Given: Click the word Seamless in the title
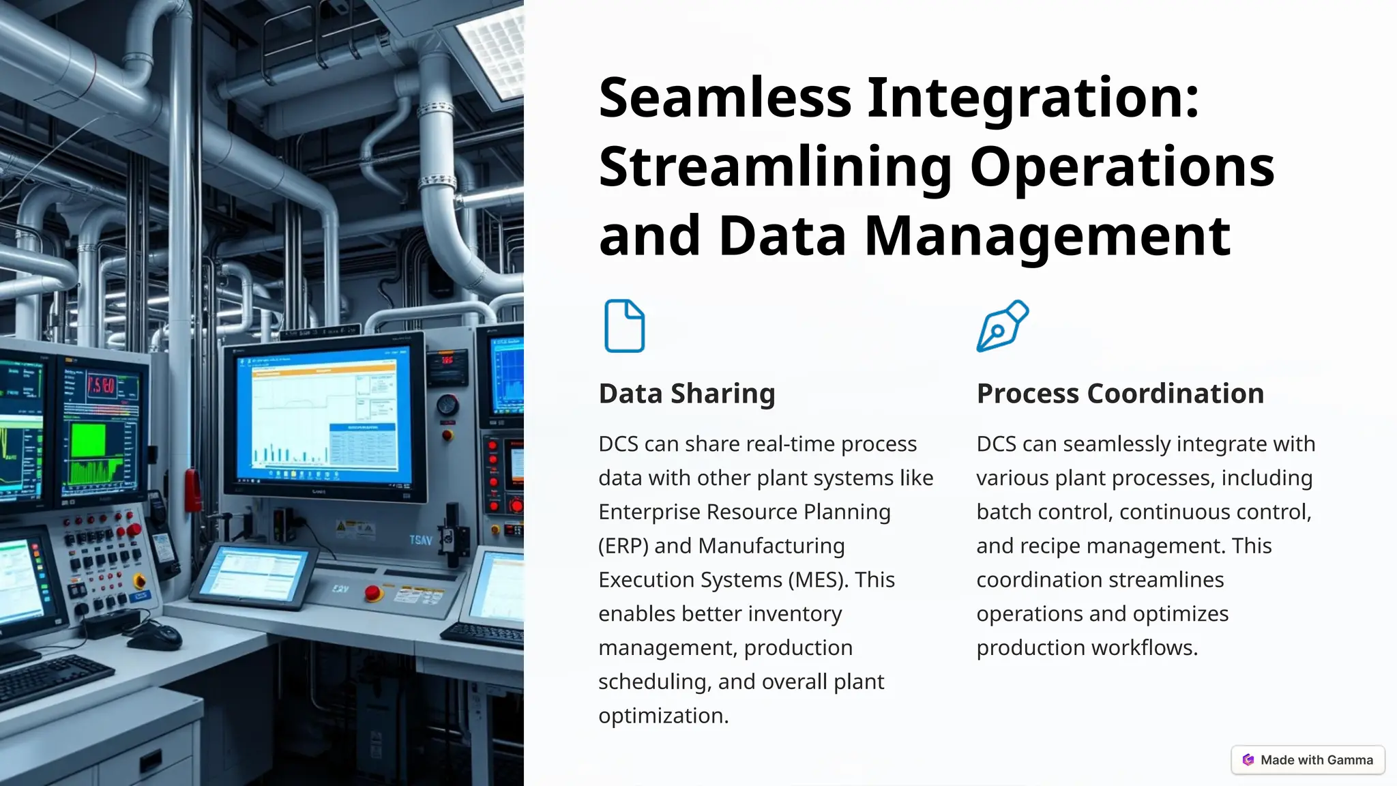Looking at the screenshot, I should (725, 98).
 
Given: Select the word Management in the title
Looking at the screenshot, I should (1047, 235).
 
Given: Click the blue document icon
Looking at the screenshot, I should (624, 326).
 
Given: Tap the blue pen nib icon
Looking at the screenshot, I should (1001, 326).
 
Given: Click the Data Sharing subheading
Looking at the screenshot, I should (686, 394).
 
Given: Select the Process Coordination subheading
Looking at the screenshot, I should (1120, 394).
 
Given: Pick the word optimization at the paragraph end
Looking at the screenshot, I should (663, 716).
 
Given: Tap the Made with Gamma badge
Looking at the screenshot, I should (1308, 760).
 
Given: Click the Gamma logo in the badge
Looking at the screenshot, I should (1248, 760).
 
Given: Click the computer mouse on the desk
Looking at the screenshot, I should (155, 637).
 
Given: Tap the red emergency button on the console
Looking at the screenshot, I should (373, 592).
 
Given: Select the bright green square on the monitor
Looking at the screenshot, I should (89, 441).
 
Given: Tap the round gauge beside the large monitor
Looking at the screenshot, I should (447, 405).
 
